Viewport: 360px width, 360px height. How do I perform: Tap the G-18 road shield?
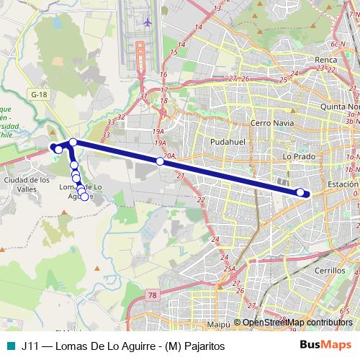click(39, 94)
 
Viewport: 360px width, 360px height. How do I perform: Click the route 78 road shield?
click(151, 295)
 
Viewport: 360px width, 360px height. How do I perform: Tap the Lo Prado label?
click(297, 156)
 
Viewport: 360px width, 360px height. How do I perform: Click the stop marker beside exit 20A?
click(161, 161)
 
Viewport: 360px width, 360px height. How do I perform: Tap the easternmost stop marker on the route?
click(301, 192)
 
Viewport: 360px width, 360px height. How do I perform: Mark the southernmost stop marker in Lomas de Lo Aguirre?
click(84, 197)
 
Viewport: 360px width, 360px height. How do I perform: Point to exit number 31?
click(144, 96)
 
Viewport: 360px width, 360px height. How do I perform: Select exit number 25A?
click(230, 269)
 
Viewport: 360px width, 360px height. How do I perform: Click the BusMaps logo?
click(323, 346)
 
